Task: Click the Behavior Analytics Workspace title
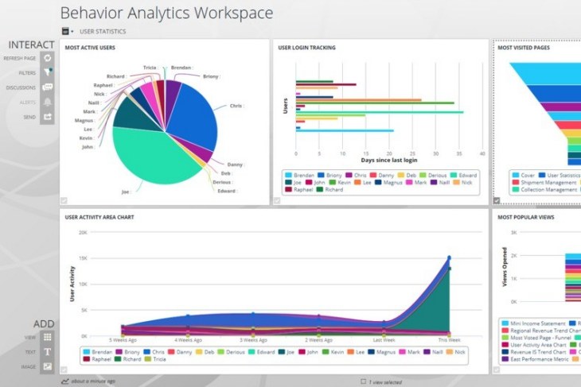point(166,13)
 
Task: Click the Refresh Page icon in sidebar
point(48,58)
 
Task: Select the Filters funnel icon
point(48,72)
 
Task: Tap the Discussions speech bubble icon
point(48,87)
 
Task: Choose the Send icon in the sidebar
point(48,117)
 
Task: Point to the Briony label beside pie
point(211,76)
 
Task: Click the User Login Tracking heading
point(306,48)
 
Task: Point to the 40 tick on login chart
point(483,153)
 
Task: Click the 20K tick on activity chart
point(82,233)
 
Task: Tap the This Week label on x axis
point(449,339)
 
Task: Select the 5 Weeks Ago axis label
point(123,339)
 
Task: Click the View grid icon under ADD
point(48,337)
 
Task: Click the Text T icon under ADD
point(48,351)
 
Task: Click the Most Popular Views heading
point(525,216)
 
